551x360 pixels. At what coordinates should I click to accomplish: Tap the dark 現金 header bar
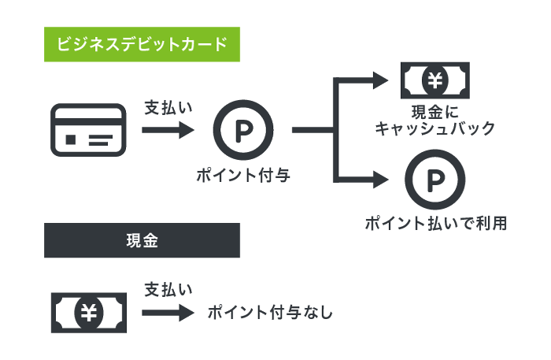click(x=142, y=240)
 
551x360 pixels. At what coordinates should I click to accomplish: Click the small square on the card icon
click(x=72, y=140)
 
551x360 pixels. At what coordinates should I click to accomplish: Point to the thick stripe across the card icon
click(x=88, y=121)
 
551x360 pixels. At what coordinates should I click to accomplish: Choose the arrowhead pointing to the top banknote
click(x=381, y=80)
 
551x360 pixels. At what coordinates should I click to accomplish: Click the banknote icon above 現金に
click(x=435, y=80)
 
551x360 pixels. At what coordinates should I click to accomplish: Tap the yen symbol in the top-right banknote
click(x=435, y=80)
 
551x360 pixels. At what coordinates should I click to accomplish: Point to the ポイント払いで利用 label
click(x=435, y=224)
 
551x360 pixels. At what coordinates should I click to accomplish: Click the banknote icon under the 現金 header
click(x=88, y=312)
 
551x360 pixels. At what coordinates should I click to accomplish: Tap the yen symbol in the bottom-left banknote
click(x=88, y=312)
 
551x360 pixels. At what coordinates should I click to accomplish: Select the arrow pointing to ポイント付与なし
click(x=168, y=313)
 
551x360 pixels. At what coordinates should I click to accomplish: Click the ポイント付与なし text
click(x=270, y=313)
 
